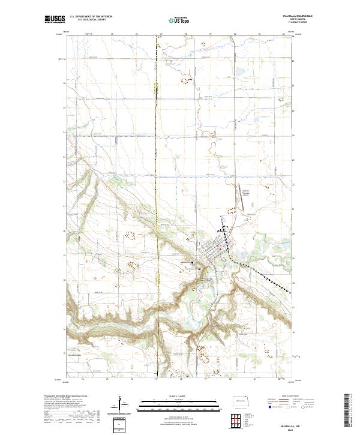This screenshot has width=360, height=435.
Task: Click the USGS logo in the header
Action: (x=55, y=19)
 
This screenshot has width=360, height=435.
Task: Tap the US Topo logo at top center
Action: (x=179, y=19)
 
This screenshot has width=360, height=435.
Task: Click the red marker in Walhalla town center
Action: (x=220, y=250)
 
